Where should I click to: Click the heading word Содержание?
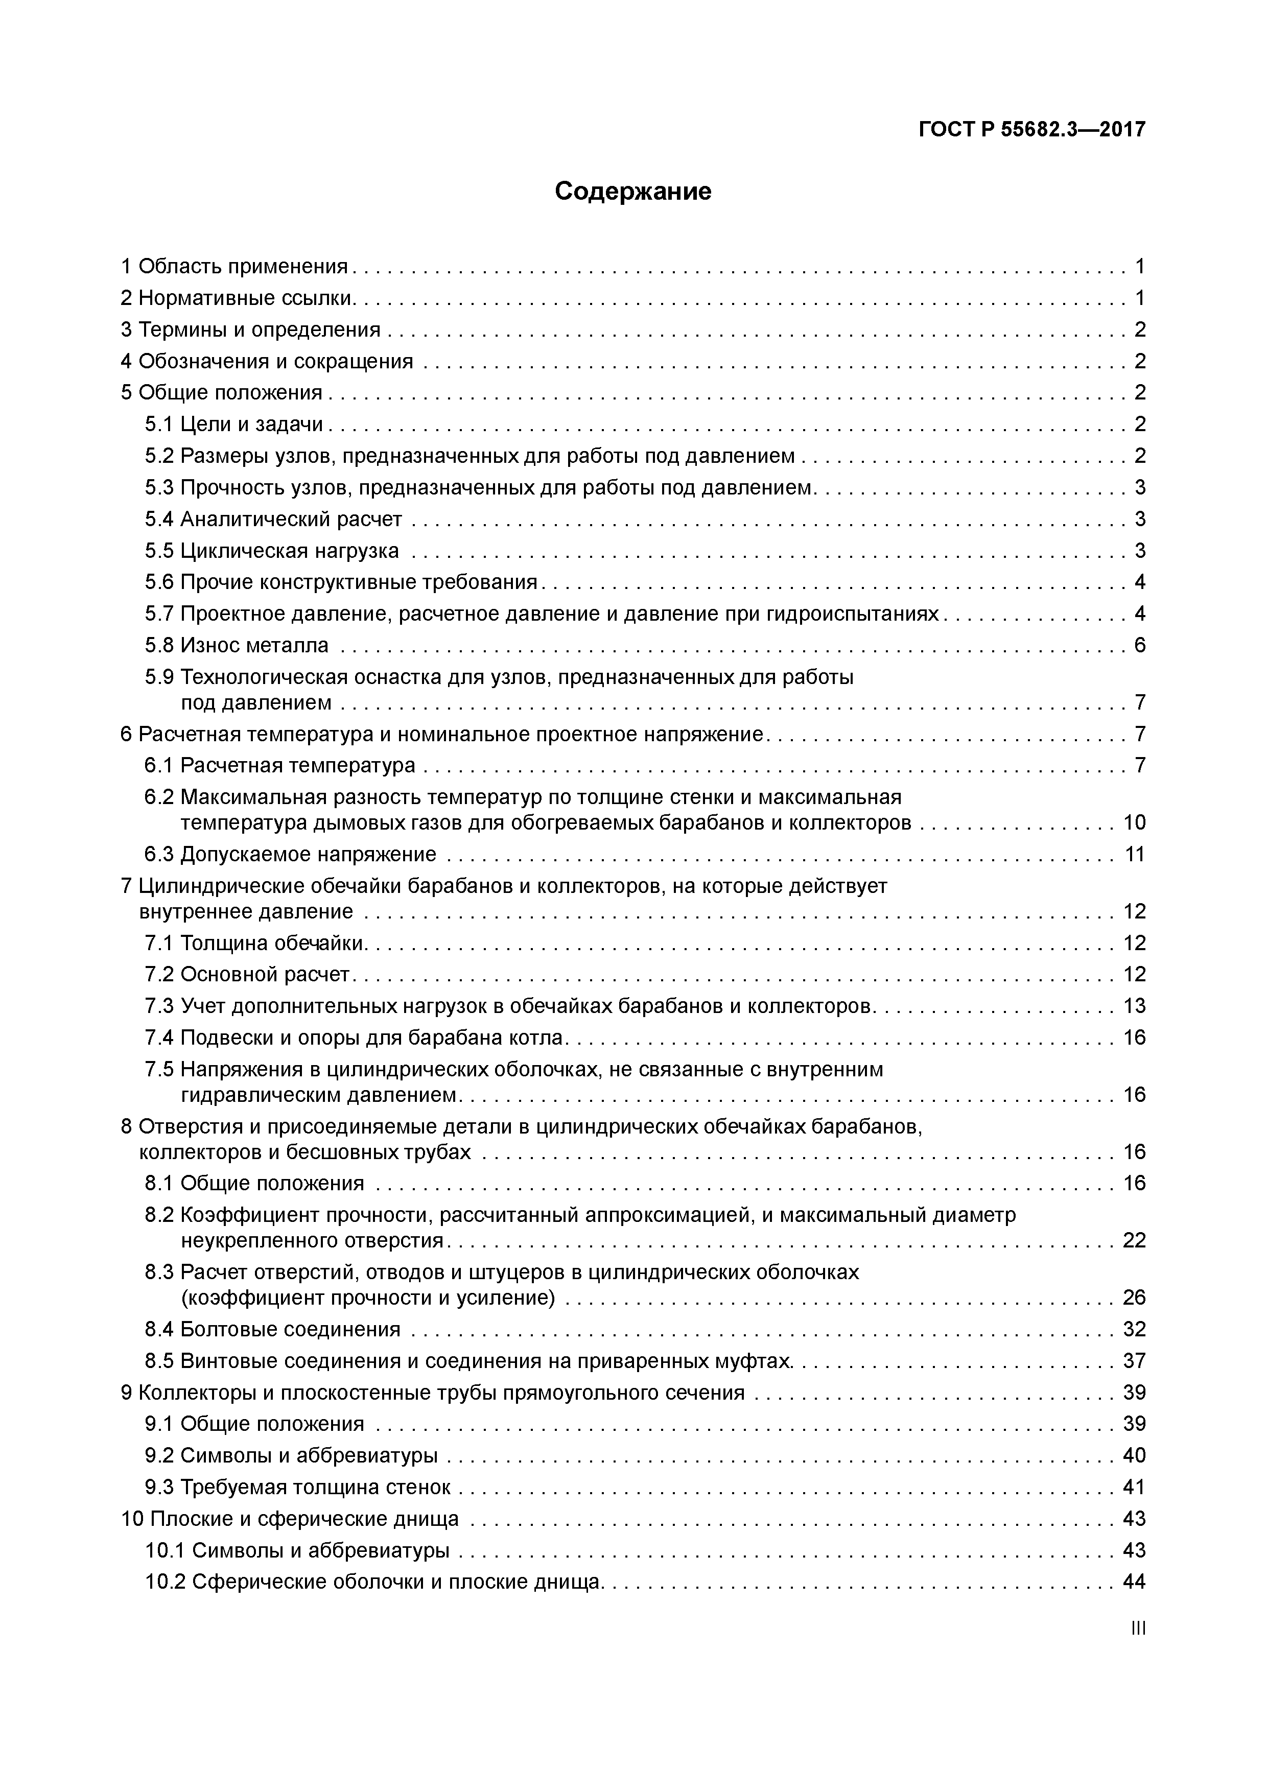pos(632,191)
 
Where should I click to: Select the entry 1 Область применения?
pos(234,267)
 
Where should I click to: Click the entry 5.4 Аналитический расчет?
pos(273,519)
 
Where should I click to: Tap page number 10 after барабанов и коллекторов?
pos(1134,822)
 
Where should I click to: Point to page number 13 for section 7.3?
pos(1134,1006)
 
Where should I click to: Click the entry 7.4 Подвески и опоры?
pos(354,1038)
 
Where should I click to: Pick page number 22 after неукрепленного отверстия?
pos(1134,1240)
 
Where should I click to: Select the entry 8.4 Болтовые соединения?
pos(272,1329)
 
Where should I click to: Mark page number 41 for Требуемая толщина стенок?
pos(1134,1488)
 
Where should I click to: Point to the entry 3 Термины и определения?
pos(250,330)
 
